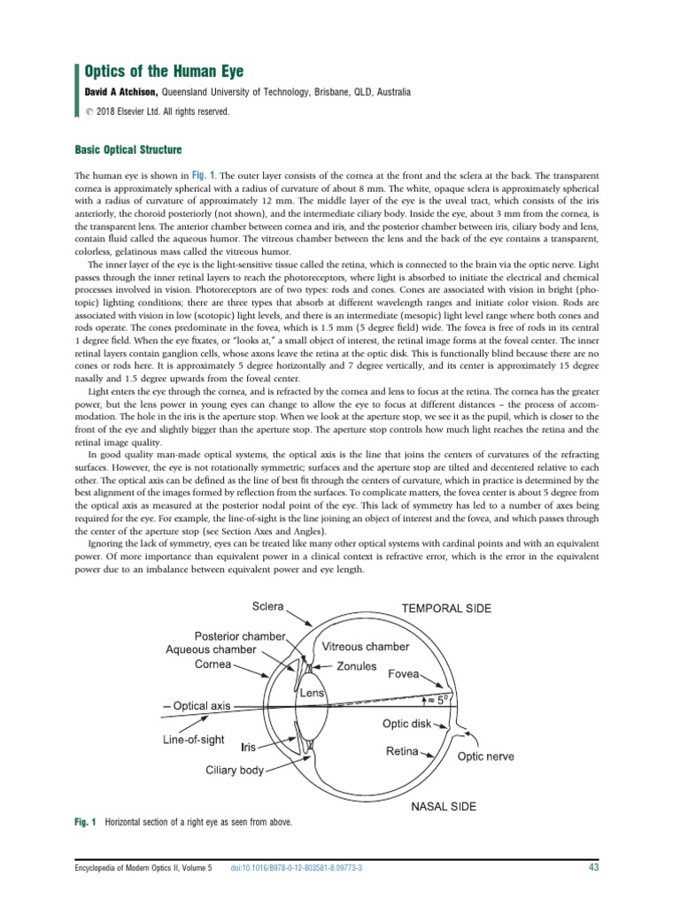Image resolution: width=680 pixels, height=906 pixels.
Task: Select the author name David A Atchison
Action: pyautogui.click(x=123, y=92)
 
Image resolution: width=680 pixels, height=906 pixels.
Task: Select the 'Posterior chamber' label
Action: pyautogui.click(x=241, y=636)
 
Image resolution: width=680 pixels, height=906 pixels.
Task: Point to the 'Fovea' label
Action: pyautogui.click(x=406, y=673)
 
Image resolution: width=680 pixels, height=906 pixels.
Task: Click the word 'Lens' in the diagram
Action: pyautogui.click(x=312, y=694)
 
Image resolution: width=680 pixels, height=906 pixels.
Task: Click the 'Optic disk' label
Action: pyautogui.click(x=406, y=723)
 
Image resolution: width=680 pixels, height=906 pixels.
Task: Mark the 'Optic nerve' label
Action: pyautogui.click(x=484, y=757)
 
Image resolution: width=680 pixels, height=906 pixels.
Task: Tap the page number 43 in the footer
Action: pyautogui.click(x=594, y=868)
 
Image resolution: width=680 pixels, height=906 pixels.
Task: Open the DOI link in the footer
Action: pyautogui.click(x=296, y=869)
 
